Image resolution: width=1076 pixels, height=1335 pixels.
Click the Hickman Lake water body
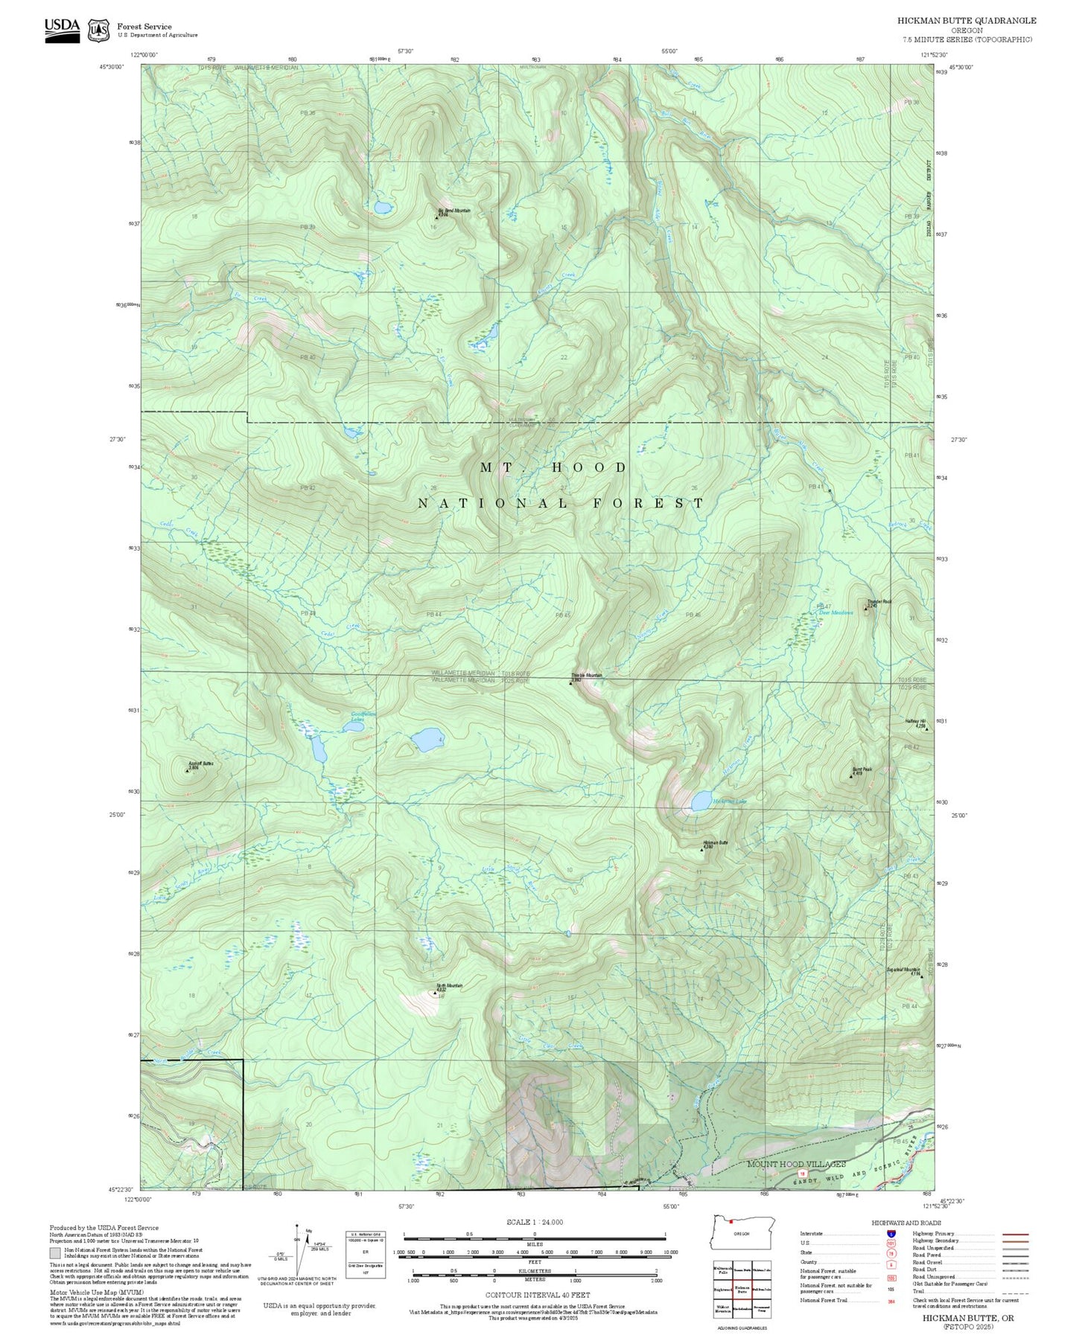[x=700, y=801]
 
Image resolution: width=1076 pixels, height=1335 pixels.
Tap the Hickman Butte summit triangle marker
[x=701, y=848]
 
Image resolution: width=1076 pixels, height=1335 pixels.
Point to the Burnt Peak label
[x=862, y=769]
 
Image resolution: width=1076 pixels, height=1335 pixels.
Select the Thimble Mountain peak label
[x=587, y=675]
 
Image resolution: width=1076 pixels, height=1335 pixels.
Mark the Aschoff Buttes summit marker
[x=187, y=771]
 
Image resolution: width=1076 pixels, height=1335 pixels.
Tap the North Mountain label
[x=449, y=985]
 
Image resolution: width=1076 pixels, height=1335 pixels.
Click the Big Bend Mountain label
[x=453, y=211]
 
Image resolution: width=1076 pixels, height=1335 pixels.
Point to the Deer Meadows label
[x=836, y=612]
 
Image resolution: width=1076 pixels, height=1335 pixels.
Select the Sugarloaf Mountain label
[x=903, y=970]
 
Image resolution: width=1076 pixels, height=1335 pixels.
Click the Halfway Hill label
[x=915, y=721]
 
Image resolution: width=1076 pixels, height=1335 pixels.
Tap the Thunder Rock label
[x=879, y=601]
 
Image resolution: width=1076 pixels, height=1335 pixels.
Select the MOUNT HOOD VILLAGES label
[x=796, y=1163]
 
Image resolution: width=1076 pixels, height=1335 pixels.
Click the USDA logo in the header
[x=62, y=29]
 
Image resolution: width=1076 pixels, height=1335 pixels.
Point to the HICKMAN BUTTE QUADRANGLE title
[x=966, y=21]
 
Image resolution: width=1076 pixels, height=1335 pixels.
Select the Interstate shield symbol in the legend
[x=892, y=1233]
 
